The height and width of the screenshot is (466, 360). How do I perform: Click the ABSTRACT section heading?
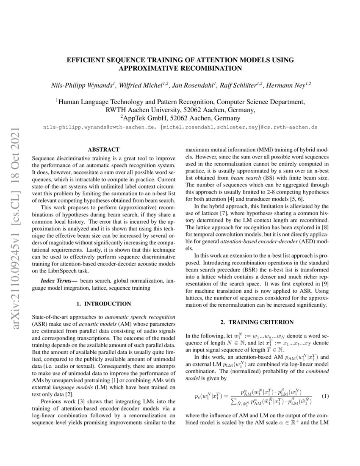click(103, 150)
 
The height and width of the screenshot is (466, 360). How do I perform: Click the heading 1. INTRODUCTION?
click(103, 304)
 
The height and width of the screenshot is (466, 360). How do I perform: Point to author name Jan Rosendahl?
click(194, 85)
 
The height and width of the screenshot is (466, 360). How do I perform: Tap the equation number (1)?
click(325, 396)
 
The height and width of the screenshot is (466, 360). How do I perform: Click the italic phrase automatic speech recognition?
click(140, 316)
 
